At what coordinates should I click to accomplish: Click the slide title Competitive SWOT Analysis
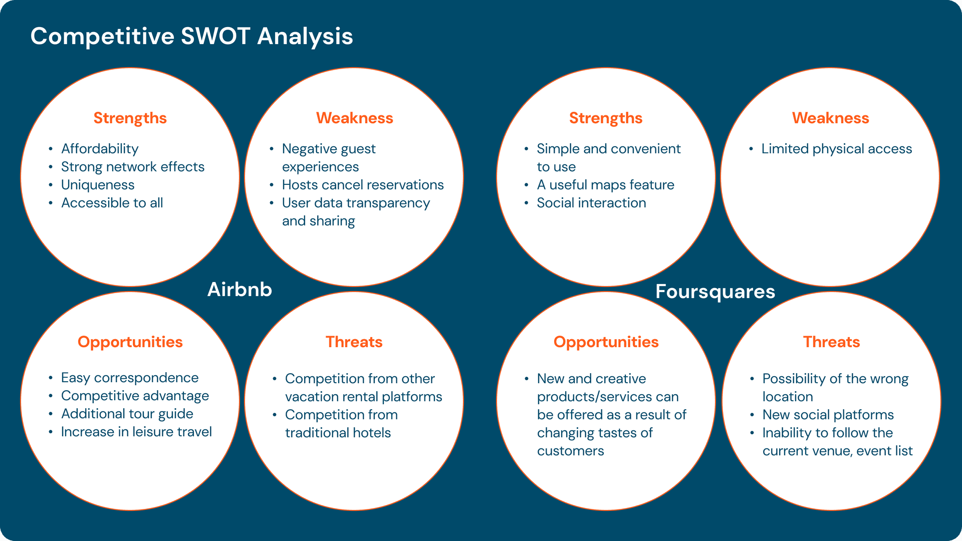tap(191, 37)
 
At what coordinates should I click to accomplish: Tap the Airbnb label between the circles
tap(239, 290)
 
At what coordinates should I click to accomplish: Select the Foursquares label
tap(715, 292)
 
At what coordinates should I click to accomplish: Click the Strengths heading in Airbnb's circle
tap(130, 118)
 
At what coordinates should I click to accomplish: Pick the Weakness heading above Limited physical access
tap(830, 118)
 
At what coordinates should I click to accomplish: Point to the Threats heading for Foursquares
tap(831, 342)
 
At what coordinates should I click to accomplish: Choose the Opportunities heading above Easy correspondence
tap(130, 342)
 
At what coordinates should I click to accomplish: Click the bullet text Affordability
tap(100, 149)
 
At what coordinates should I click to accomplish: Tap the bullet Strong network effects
tap(133, 167)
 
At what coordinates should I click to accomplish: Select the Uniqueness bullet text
tap(98, 185)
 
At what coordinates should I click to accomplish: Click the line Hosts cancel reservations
tap(363, 185)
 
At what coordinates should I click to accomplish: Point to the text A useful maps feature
tap(605, 185)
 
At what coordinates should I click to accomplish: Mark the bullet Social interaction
tap(591, 203)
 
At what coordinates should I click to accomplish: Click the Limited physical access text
tap(837, 149)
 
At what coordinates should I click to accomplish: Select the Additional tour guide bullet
tap(127, 414)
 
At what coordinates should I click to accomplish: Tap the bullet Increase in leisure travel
tap(136, 432)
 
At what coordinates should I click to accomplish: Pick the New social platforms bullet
tap(828, 415)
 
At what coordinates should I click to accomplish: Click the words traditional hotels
tap(338, 433)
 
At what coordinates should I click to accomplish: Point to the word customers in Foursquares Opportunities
tap(570, 451)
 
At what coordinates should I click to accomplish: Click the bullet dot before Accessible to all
tap(51, 203)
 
